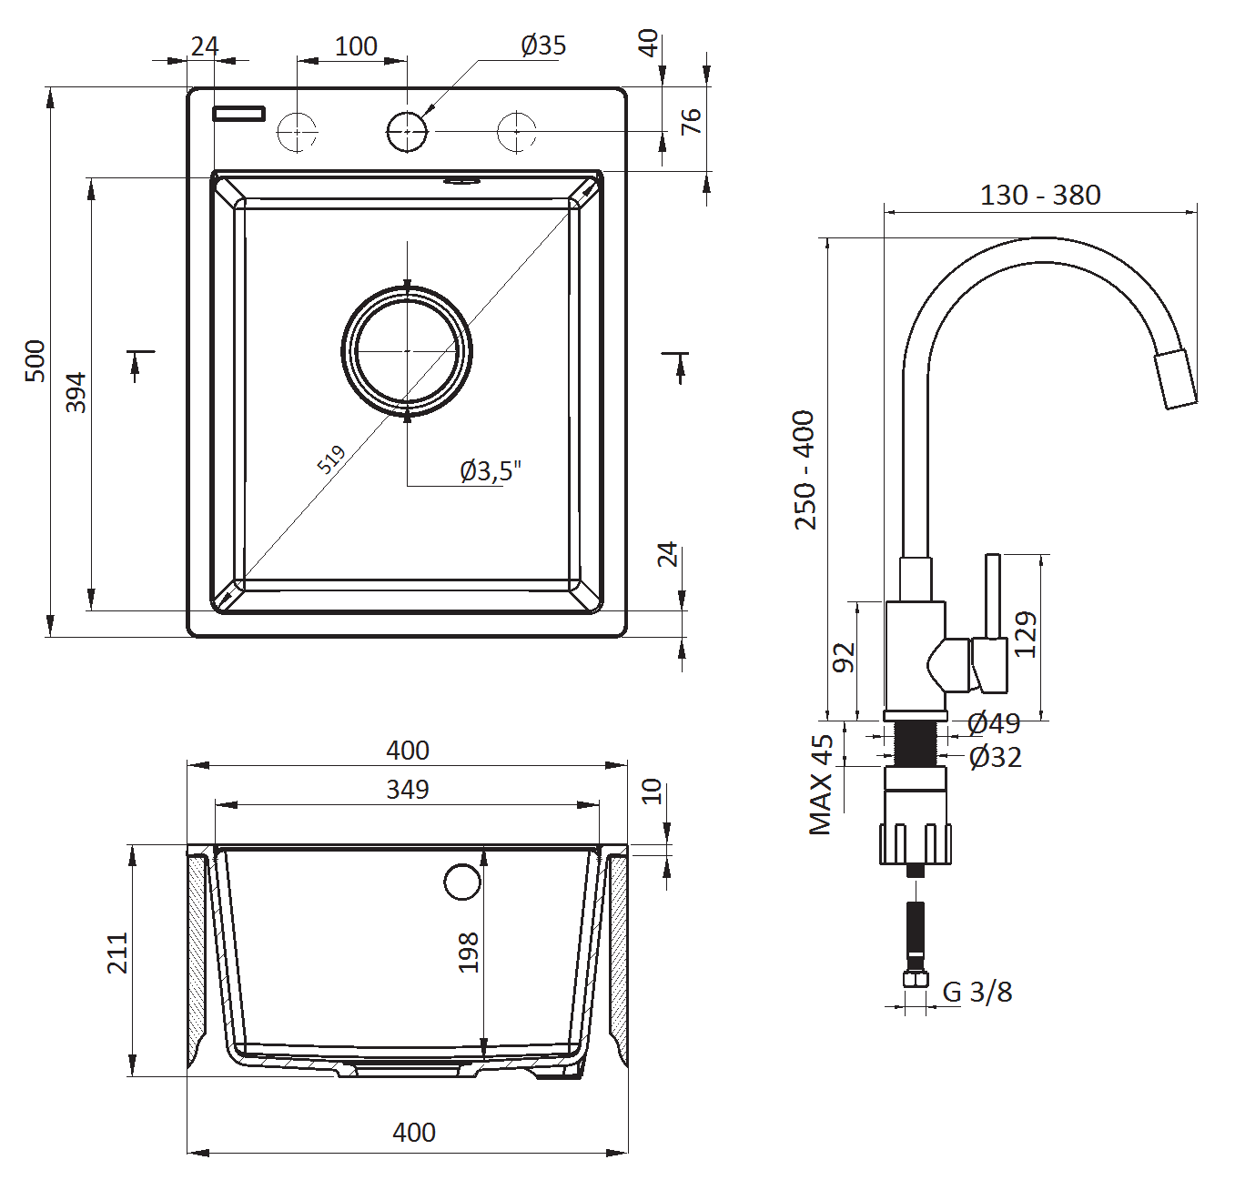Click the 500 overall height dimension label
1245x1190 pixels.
(x=35, y=360)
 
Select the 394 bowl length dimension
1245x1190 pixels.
(x=76, y=392)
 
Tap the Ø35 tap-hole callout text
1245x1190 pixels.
(x=543, y=45)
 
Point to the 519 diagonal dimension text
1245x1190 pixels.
(x=332, y=459)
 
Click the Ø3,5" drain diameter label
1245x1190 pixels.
(x=491, y=470)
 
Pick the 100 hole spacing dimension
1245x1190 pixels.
(x=355, y=45)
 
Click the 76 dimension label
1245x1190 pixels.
(x=691, y=121)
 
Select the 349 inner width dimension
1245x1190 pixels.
(x=407, y=789)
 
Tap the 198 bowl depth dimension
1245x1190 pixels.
(x=468, y=952)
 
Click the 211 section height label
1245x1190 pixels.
(x=117, y=953)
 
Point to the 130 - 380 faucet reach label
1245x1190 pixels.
(x=1039, y=195)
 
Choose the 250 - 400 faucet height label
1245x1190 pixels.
(x=805, y=469)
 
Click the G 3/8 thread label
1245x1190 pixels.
(x=977, y=992)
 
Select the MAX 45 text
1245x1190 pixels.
(x=821, y=784)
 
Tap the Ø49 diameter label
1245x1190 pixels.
(x=994, y=723)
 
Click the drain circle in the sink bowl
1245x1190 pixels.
(x=407, y=351)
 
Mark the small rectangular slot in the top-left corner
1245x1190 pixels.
(x=238, y=114)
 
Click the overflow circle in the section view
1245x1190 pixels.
(x=462, y=881)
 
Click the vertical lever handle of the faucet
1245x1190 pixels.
(x=993, y=596)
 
